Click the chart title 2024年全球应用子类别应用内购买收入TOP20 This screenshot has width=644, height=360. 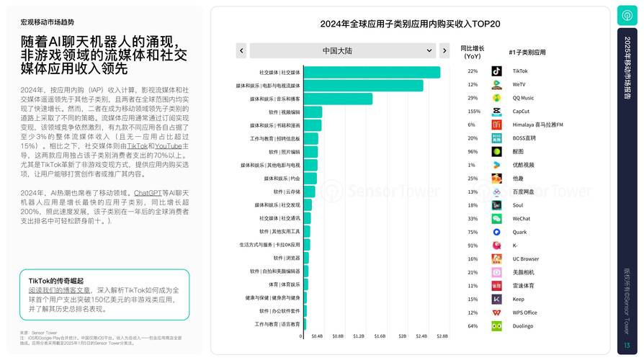pos(410,24)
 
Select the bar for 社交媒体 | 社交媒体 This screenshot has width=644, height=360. pos(372,72)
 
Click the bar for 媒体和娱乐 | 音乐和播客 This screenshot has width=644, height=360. pos(338,99)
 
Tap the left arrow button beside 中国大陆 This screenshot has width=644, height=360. pos(241,50)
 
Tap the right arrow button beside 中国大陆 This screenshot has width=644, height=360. pos(444,50)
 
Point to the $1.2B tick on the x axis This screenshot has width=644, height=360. pos(358,336)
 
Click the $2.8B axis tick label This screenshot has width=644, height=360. pos(442,336)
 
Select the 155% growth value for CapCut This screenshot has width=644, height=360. pos(473,112)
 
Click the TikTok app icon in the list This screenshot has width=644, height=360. pos(497,71)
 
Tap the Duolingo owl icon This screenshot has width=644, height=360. pos(497,325)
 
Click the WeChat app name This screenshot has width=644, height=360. pos(521,219)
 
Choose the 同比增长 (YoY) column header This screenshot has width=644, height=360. pos(473,52)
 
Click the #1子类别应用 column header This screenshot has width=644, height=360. pos(527,53)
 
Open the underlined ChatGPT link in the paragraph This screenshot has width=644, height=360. pos(148,193)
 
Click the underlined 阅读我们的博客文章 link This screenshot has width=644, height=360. pos(59,289)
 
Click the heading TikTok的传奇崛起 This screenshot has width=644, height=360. pos(55,280)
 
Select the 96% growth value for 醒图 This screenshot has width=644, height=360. pos(473,152)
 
